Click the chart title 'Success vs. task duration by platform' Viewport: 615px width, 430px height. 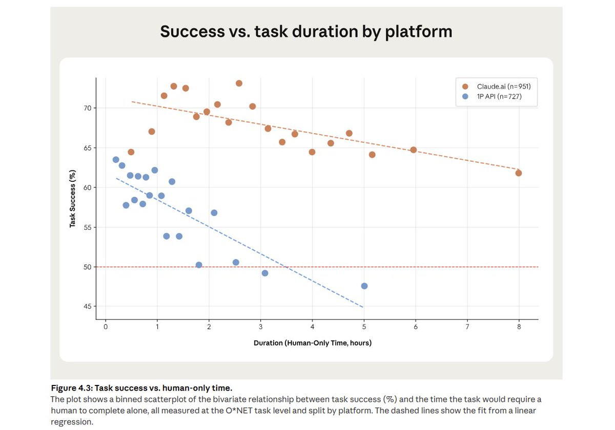tap(306, 31)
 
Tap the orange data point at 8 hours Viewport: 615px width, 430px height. tap(519, 173)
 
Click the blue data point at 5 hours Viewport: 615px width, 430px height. tap(364, 286)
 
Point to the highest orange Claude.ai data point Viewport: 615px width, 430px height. tap(239, 83)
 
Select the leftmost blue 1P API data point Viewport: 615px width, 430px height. tap(116, 160)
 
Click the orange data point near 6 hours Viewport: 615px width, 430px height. tap(414, 150)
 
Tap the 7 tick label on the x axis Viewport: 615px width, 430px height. tap(467, 327)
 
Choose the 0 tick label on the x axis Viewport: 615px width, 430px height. tap(106, 327)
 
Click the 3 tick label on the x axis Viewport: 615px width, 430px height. tap(261, 327)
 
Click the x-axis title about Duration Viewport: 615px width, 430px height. tap(313, 343)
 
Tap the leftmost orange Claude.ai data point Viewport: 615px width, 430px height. tap(131, 152)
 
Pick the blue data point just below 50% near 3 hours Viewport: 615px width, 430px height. tap(265, 273)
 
